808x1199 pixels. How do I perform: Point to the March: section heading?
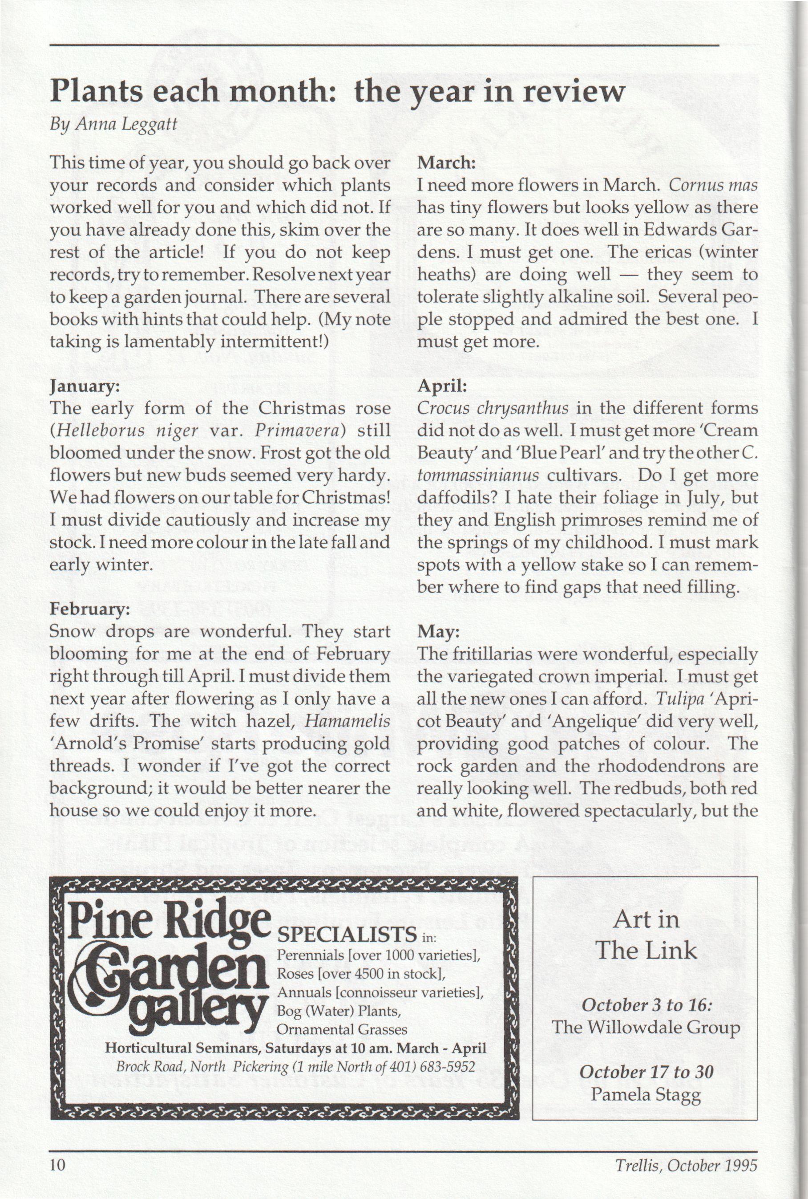(446, 163)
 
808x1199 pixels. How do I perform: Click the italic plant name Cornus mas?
(713, 185)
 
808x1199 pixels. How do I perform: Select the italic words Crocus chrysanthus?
(493, 408)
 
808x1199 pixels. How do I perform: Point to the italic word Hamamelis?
(347, 721)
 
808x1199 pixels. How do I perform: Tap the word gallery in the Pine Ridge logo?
(198, 1015)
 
